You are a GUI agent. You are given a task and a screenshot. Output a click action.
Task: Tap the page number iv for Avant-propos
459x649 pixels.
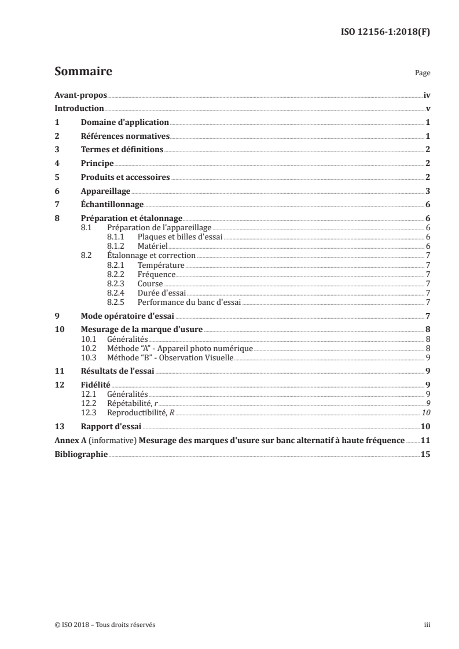(427, 95)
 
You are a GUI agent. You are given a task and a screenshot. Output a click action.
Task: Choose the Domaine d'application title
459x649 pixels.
(124, 123)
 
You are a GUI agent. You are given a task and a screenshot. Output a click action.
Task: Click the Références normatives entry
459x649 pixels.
(125, 137)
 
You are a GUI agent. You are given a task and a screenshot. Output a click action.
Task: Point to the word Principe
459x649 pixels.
(97, 164)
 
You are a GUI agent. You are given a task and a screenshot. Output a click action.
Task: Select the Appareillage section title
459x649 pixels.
(105, 191)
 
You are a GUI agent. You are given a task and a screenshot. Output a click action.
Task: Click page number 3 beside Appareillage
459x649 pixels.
(427, 191)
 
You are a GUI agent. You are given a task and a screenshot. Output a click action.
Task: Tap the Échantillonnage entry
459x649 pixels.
(112, 205)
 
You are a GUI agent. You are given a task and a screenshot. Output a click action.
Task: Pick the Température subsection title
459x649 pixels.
(160, 265)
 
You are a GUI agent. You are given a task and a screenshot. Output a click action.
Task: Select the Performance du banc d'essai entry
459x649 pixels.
(189, 302)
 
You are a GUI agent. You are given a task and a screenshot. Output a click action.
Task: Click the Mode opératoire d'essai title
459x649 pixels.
(127, 316)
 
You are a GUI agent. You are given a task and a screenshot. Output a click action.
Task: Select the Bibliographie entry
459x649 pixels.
(81, 454)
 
